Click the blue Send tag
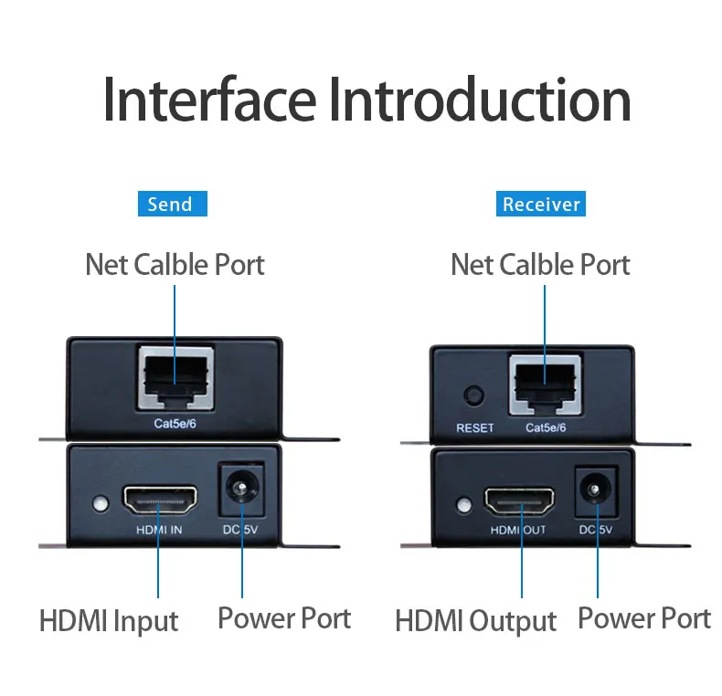172,204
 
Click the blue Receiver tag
542,204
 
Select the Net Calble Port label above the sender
175,265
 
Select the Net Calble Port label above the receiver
541,265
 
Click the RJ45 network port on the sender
175,378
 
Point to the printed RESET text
474,427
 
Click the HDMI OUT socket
518,501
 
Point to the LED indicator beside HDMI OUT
463,505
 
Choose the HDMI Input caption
109,622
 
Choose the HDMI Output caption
475,622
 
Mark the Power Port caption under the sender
283,618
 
